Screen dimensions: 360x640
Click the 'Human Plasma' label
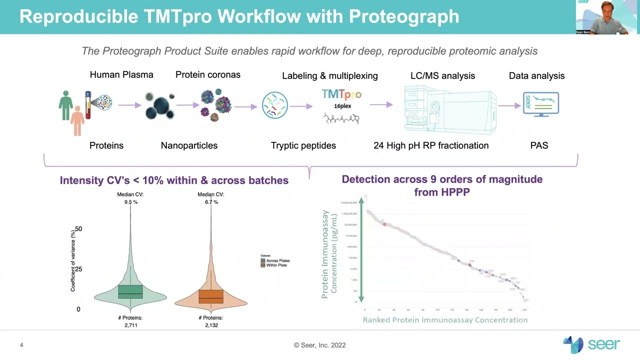click(x=121, y=74)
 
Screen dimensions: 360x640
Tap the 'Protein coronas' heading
click(x=207, y=74)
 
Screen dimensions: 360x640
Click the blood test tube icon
click(x=88, y=105)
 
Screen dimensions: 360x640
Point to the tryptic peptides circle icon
click(x=274, y=105)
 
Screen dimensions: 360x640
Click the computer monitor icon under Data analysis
click(x=540, y=104)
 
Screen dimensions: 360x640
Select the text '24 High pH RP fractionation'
click(x=431, y=145)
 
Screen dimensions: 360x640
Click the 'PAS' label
click(x=539, y=145)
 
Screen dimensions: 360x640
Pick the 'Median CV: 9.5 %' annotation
click(x=130, y=198)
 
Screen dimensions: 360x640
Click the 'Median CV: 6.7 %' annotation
click(x=210, y=198)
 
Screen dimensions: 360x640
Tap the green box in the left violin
click(x=130, y=291)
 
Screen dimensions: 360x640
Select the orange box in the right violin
click(x=210, y=296)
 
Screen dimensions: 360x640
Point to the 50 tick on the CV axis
click(x=78, y=228)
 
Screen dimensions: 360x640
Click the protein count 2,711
click(x=130, y=325)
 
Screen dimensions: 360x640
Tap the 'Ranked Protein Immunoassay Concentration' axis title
click(x=445, y=320)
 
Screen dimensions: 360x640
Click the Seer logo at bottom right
click(x=591, y=344)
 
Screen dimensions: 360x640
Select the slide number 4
click(x=21, y=345)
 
